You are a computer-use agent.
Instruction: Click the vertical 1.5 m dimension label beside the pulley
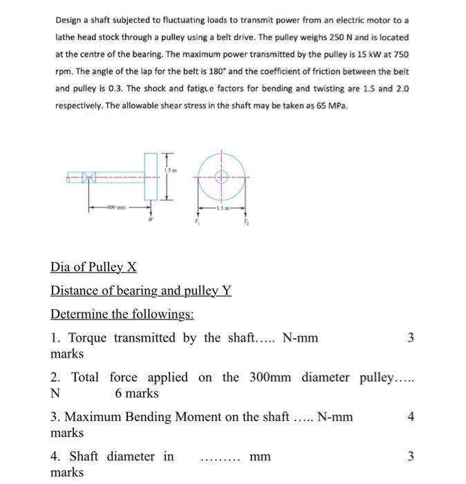pyautogui.click(x=171, y=169)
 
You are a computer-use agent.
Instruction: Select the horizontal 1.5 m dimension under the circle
pyautogui.click(x=222, y=207)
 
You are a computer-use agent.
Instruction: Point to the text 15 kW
pyautogui.click(x=364, y=55)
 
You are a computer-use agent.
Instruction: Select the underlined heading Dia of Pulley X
pyautogui.click(x=88, y=267)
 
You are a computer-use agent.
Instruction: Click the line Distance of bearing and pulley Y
pyautogui.click(x=141, y=291)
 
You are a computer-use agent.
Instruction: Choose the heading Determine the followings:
pyautogui.click(x=122, y=315)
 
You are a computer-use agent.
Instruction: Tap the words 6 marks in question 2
pyautogui.click(x=136, y=393)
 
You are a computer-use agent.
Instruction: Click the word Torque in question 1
pyautogui.click(x=86, y=337)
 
